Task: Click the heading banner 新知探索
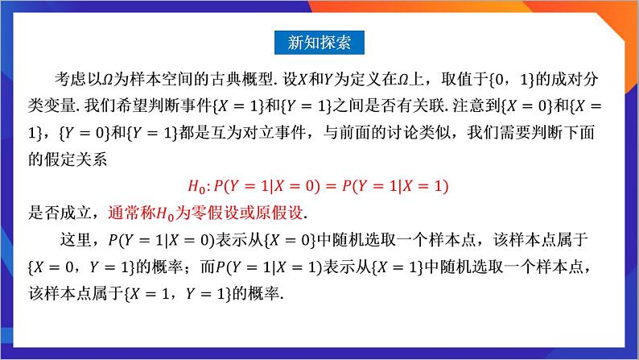point(319,42)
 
